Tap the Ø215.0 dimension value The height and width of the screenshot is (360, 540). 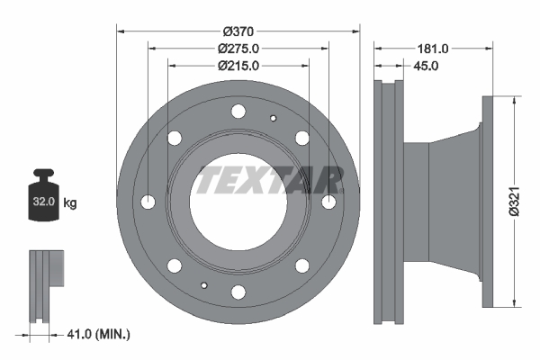pos(238,65)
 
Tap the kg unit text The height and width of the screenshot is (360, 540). pos(70,203)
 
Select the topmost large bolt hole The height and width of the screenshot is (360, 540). pos(238,111)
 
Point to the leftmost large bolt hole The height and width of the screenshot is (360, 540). pos(148,201)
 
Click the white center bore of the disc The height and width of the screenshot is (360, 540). pos(238,202)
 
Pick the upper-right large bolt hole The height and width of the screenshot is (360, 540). pos(302,137)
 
